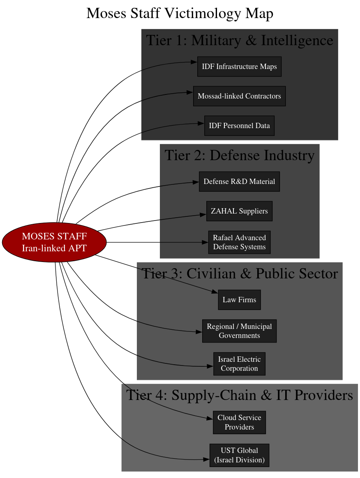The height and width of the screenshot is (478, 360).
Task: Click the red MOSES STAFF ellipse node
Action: (54, 242)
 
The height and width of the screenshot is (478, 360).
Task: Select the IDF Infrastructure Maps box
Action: (239, 67)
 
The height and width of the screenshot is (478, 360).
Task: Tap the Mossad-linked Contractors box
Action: (239, 96)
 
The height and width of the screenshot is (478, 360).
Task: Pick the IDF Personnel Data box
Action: (239, 126)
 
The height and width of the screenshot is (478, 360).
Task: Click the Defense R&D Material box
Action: (239, 182)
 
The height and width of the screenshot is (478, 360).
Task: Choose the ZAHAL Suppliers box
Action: (239, 211)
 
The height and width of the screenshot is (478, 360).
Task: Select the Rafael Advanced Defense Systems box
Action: (239, 242)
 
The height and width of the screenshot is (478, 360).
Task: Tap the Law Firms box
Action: (239, 300)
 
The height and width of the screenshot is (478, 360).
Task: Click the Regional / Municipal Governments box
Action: (239, 331)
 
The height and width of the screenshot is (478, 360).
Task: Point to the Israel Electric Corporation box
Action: (239, 364)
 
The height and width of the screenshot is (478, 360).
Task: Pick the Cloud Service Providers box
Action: (239, 422)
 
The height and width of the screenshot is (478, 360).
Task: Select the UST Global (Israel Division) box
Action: (239, 455)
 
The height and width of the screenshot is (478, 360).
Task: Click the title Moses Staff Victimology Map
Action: (180, 14)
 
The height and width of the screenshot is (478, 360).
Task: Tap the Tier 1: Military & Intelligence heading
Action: (239, 41)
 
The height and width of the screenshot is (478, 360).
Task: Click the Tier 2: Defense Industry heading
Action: (239, 156)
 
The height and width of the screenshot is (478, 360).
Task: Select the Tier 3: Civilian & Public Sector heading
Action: (239, 274)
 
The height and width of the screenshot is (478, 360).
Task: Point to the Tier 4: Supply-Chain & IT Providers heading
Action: (239, 395)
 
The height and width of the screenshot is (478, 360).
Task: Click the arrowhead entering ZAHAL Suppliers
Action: (203, 214)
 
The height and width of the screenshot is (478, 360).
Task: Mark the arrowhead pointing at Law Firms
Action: (215, 292)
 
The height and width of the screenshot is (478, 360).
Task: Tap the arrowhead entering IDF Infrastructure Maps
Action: (194, 62)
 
